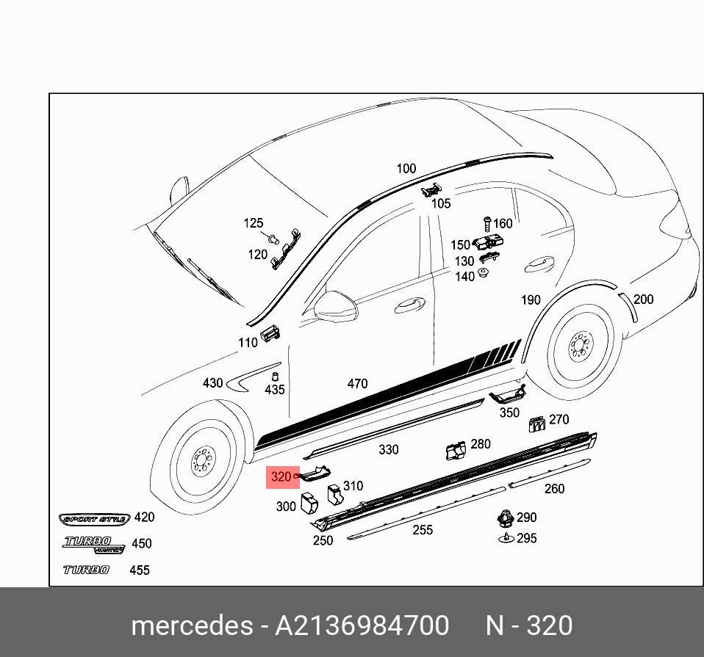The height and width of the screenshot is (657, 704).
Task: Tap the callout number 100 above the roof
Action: [406, 169]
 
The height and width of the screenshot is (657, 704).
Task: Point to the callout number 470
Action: [357, 383]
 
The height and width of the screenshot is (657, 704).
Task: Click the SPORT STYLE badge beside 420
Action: [94, 518]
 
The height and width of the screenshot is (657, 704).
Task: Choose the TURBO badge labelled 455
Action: [86, 570]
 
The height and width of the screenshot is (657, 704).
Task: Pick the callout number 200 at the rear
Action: [643, 299]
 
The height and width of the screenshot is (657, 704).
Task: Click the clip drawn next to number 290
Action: [505, 518]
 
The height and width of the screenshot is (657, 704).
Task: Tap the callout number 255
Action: [423, 530]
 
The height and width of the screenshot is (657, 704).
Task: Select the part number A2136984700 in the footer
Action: [362, 625]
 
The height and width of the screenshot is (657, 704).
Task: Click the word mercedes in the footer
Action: [191, 625]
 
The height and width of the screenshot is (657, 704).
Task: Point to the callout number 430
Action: [212, 383]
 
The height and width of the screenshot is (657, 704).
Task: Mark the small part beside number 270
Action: [536, 424]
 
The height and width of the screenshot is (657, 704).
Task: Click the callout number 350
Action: [509, 413]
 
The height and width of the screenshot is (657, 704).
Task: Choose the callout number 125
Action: [253, 223]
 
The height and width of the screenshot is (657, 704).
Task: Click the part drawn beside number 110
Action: [271, 332]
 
